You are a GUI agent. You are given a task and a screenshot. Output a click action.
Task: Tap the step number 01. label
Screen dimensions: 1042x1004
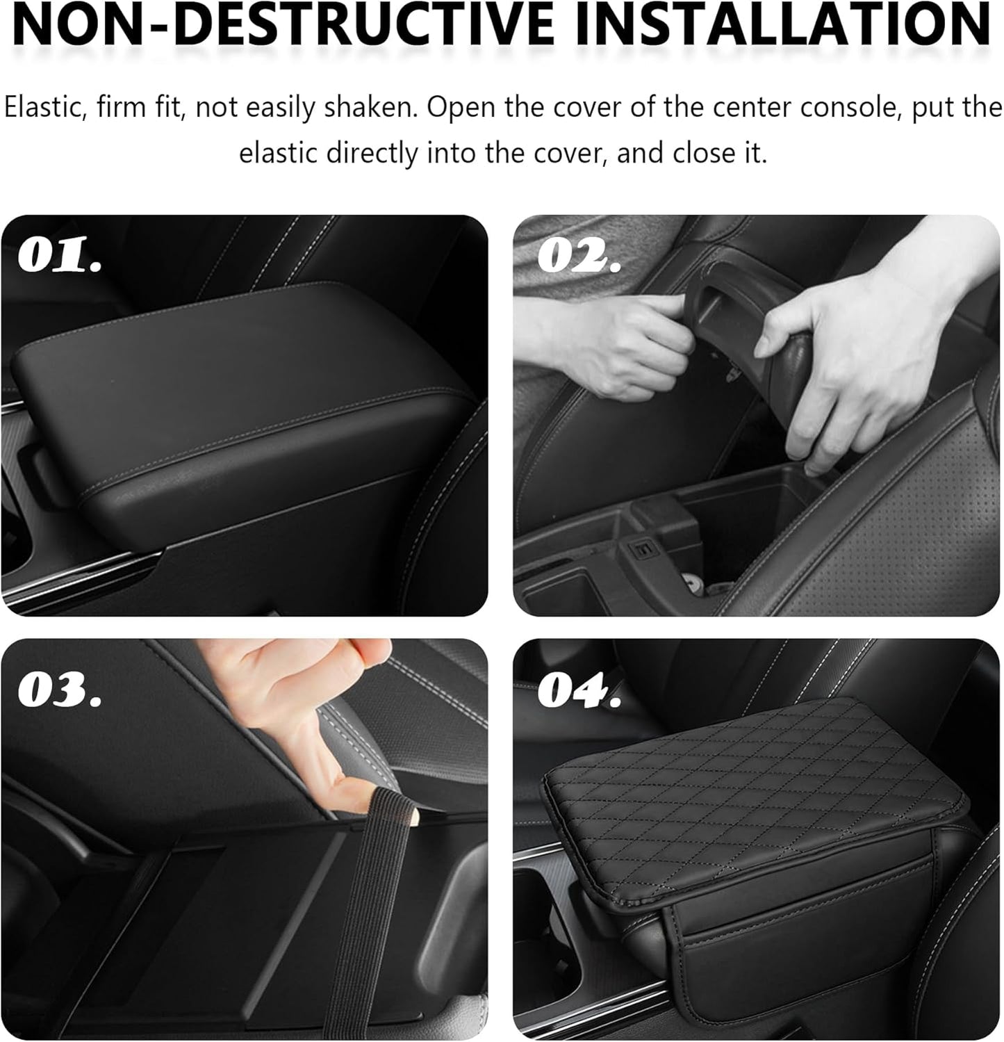click(60, 257)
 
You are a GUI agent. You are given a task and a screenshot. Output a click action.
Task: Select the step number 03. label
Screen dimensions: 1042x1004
click(60, 689)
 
